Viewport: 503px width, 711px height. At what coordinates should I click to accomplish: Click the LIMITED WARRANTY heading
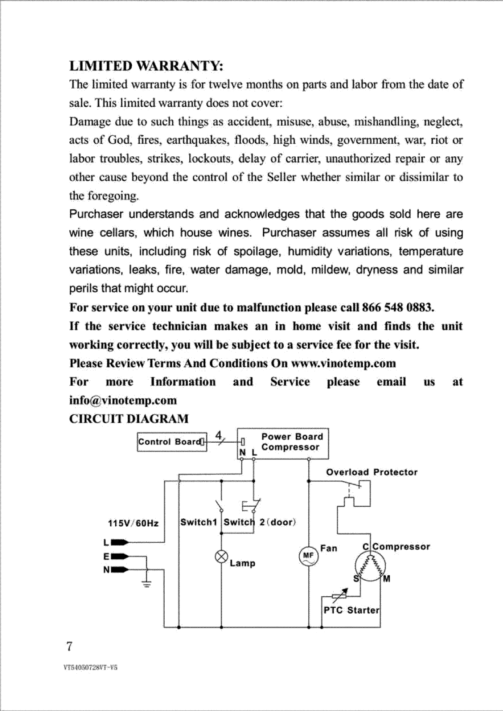coord(146,66)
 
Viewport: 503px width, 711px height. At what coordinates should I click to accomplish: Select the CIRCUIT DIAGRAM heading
coord(129,419)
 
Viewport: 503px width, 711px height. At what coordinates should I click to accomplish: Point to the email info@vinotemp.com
coord(123,400)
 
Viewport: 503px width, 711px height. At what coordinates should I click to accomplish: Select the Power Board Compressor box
coord(283,443)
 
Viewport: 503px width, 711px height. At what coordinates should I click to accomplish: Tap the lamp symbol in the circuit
coord(221,557)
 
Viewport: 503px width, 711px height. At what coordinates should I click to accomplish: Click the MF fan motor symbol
coord(308,556)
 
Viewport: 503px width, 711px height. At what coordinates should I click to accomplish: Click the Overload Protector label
coord(372,472)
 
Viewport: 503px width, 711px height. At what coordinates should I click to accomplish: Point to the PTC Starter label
coord(351,610)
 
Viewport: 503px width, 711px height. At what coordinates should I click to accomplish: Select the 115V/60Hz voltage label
coord(133,523)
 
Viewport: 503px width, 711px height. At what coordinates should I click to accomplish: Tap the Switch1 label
coord(199,522)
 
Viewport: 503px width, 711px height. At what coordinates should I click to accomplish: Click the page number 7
coord(69,646)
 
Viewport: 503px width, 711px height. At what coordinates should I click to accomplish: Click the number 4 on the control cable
coord(218,435)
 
